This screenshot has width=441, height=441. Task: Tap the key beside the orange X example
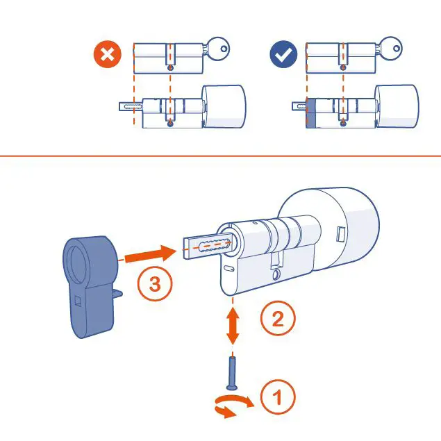coord(217,49)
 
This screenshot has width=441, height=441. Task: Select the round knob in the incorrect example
coord(224,106)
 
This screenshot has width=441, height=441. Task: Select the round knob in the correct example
coord(397,106)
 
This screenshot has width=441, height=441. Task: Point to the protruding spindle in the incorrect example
coord(130,108)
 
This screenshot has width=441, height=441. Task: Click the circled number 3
coord(153,284)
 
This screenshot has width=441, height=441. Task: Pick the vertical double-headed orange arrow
coord(233,325)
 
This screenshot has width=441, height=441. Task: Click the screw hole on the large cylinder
coord(276,276)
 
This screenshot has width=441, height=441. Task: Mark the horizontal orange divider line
coord(220,156)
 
